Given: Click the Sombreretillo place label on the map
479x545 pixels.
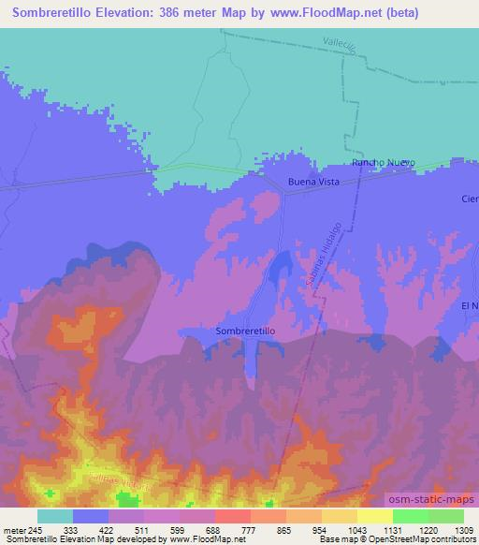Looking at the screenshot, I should pos(245,331).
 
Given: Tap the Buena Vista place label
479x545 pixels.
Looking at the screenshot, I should pos(313,181).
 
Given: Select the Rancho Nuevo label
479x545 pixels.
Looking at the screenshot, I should pos(383,163).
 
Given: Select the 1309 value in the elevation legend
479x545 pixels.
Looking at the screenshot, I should pos(452,528).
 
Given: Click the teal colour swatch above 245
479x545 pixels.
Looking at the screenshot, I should pos(54,516).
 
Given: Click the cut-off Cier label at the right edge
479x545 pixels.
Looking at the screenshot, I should pos(469,199).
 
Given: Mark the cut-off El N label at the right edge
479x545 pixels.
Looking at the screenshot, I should pos(469,306).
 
